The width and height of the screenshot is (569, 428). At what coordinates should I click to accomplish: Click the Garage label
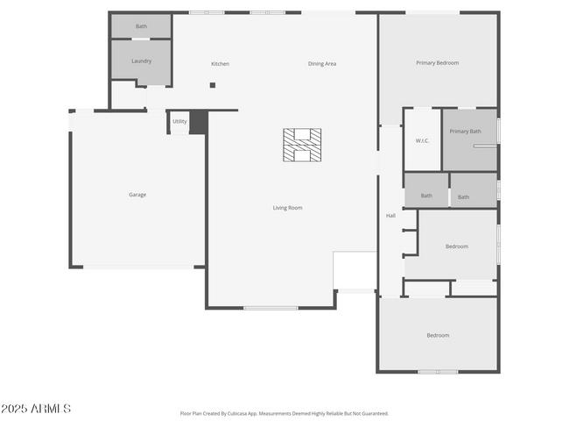[x=137, y=195]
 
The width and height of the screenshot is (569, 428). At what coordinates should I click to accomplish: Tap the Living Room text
[x=287, y=208]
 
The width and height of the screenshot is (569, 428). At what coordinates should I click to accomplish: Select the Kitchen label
[x=220, y=64]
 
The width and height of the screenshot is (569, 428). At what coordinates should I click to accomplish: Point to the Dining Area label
[x=322, y=64]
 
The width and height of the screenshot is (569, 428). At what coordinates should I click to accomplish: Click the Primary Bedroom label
[x=437, y=63]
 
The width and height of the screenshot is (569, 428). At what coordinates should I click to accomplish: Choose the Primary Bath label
[x=465, y=132]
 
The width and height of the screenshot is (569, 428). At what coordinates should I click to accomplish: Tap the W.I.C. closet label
[x=421, y=141]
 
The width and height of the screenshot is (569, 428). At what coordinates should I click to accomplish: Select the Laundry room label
[x=141, y=61]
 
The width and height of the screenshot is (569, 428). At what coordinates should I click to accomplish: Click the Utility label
[x=179, y=122]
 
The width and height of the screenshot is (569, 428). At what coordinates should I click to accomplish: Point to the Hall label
[x=391, y=216]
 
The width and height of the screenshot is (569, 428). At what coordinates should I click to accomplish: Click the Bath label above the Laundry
[x=141, y=26]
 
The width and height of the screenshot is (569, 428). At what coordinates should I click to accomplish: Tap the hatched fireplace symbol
[x=301, y=145]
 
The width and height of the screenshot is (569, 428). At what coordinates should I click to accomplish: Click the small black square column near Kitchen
[x=212, y=85]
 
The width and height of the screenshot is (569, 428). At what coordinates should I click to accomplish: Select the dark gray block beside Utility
[x=198, y=122]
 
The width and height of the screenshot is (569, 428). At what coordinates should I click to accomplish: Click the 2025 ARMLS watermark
[x=36, y=409]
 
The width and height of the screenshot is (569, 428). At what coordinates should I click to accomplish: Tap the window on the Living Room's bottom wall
[x=270, y=308]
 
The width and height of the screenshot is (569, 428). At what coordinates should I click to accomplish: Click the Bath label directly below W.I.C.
[x=426, y=196]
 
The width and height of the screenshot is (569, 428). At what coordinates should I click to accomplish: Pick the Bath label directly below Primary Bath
[x=463, y=197]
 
